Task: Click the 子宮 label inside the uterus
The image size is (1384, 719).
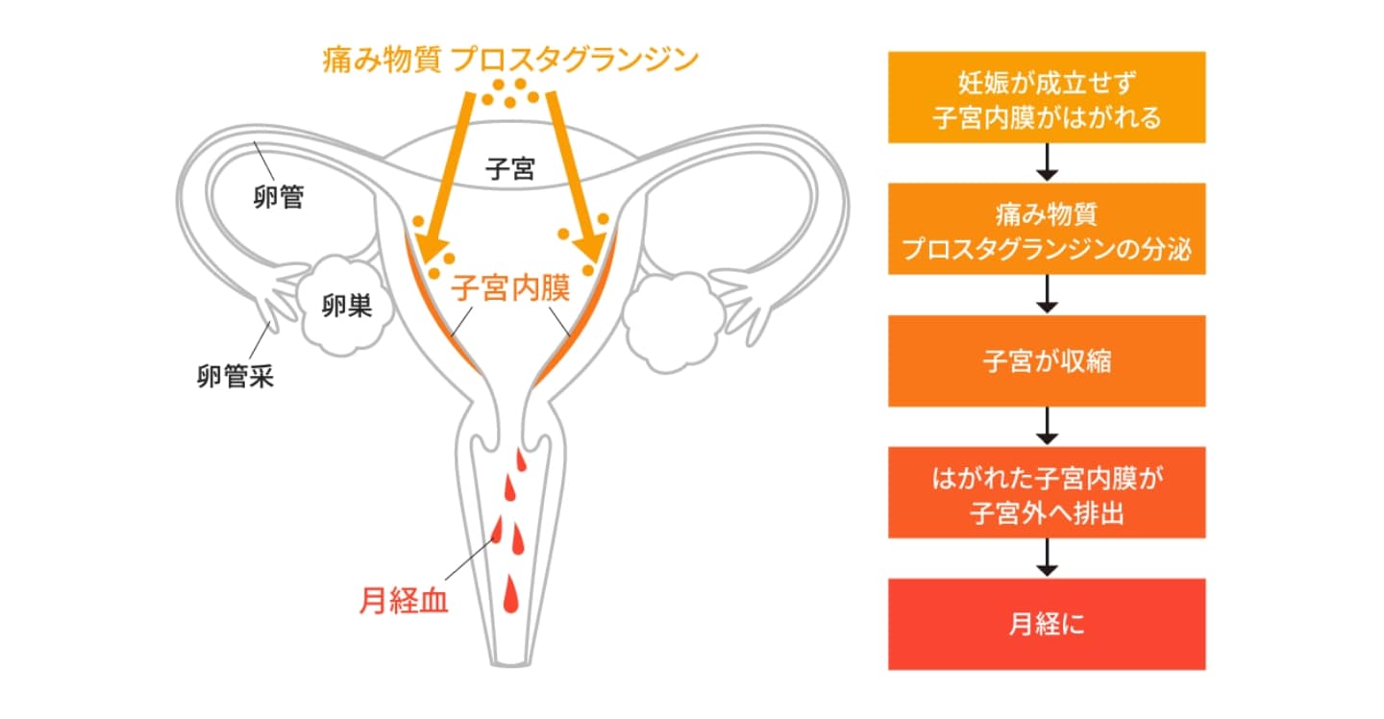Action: click(x=509, y=168)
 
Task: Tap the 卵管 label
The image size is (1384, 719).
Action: click(x=279, y=197)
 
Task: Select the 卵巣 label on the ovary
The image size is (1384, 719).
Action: click(x=347, y=306)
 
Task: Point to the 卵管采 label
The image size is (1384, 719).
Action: click(x=235, y=376)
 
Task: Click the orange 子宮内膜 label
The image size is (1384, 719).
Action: click(x=510, y=287)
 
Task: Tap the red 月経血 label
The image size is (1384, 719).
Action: click(x=404, y=601)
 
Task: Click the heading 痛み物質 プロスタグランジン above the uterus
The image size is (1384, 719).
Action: click(x=510, y=60)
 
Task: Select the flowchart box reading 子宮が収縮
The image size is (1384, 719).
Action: click(x=1047, y=360)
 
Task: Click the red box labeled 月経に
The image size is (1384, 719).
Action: click(x=1047, y=624)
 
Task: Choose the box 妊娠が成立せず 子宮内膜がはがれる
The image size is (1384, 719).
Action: click(x=1047, y=98)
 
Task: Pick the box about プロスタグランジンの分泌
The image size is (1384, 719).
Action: click(x=1047, y=229)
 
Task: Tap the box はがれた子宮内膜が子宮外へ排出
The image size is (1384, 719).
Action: click(x=1047, y=492)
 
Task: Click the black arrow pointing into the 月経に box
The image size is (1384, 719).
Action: click(x=1047, y=558)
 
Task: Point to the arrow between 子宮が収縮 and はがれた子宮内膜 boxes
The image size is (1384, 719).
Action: click(x=1047, y=426)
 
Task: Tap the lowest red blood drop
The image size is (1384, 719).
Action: click(x=510, y=594)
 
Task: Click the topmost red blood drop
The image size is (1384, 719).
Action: click(x=520, y=460)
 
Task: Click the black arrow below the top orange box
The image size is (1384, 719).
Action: click(x=1047, y=162)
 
